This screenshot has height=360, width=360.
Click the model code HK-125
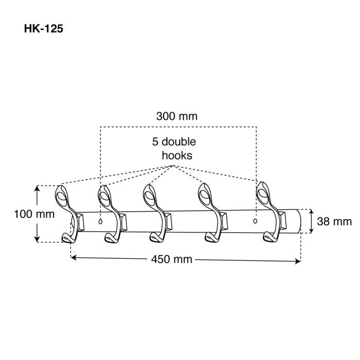click(x=43, y=29)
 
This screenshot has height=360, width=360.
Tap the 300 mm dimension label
click(x=177, y=116)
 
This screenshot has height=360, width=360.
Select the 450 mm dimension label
click(x=171, y=259)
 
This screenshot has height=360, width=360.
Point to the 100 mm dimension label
click(x=34, y=214)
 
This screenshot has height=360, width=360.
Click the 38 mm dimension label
click(x=334, y=222)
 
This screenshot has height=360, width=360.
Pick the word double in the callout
click(x=179, y=141)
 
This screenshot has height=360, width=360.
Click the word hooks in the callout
click(x=177, y=155)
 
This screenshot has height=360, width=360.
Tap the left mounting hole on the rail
click(x=100, y=222)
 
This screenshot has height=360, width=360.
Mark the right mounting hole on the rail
click(x=255, y=221)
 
